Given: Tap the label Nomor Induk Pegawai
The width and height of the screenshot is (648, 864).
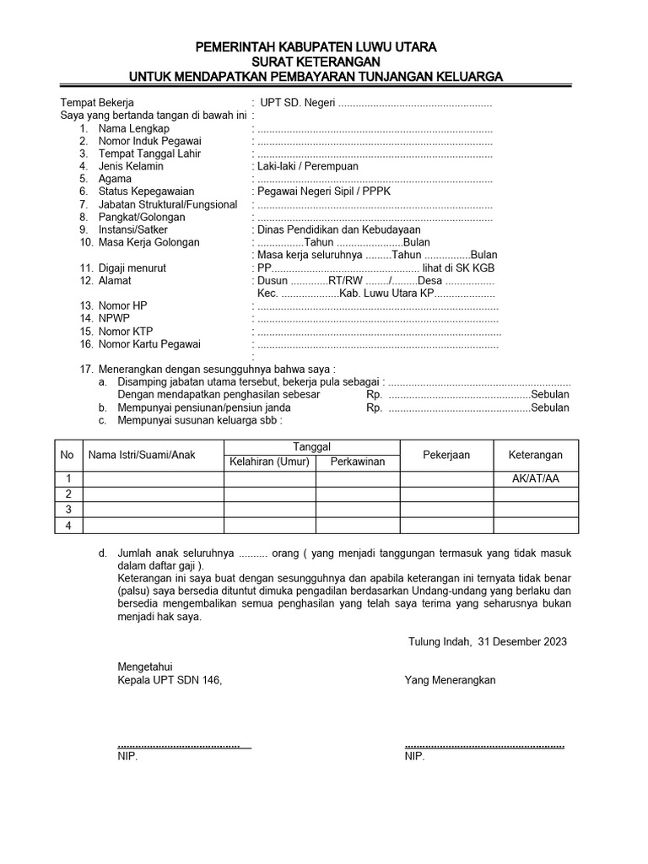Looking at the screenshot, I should click(149, 141).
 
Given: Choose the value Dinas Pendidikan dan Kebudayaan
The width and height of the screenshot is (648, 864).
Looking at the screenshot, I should click(338, 229).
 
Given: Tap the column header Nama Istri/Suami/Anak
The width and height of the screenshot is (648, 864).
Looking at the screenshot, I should click(142, 455).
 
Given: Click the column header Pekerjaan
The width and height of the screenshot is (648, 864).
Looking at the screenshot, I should click(446, 455).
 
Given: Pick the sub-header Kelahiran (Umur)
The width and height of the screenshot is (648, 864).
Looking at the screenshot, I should click(270, 462).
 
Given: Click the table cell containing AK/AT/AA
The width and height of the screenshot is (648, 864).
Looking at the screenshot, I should click(536, 479).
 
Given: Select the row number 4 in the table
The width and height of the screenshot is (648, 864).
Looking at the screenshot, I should click(68, 526).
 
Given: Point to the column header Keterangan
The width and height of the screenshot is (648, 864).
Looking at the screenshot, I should click(536, 455).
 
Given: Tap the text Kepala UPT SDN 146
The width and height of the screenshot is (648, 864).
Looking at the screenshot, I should click(170, 680).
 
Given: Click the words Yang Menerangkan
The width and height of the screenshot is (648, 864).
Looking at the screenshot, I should click(450, 680).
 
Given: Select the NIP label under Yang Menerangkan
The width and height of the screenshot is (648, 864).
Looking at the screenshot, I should click(414, 757).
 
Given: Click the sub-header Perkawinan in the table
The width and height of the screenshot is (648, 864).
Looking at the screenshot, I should click(358, 462).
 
